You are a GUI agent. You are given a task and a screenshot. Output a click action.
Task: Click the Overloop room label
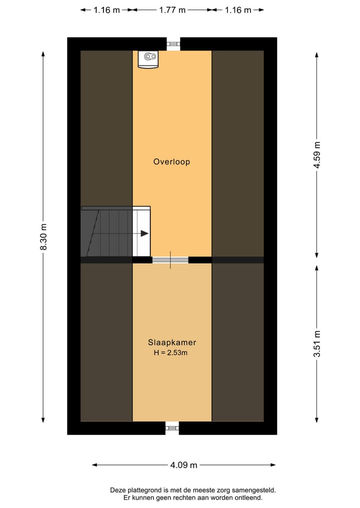click(171, 162)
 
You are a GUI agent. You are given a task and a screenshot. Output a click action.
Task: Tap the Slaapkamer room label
click(171, 343)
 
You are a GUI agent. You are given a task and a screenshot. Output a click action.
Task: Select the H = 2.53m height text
click(171, 353)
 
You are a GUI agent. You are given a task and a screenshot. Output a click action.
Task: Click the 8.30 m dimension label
click(43, 236)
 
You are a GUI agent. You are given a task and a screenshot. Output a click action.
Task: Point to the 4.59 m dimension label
click(316, 156)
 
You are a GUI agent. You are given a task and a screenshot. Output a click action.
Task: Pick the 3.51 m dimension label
click(316, 344)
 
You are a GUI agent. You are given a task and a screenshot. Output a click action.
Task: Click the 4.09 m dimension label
click(184, 465)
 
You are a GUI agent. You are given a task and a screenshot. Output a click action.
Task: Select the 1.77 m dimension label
click(172, 10)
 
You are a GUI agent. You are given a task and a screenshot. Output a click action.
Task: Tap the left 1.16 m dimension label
click(106, 10)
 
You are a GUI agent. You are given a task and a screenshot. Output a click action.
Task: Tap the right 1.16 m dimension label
click(238, 10)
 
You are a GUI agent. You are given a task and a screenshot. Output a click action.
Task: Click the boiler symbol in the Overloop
click(148, 58)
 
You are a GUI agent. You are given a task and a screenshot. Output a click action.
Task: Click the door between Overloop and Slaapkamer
click(170, 260)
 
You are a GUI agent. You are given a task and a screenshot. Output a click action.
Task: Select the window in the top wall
click(173, 44)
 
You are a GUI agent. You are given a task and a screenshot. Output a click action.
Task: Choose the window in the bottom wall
click(172, 427)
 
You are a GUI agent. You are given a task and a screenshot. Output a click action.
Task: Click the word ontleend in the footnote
click(248, 498)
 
